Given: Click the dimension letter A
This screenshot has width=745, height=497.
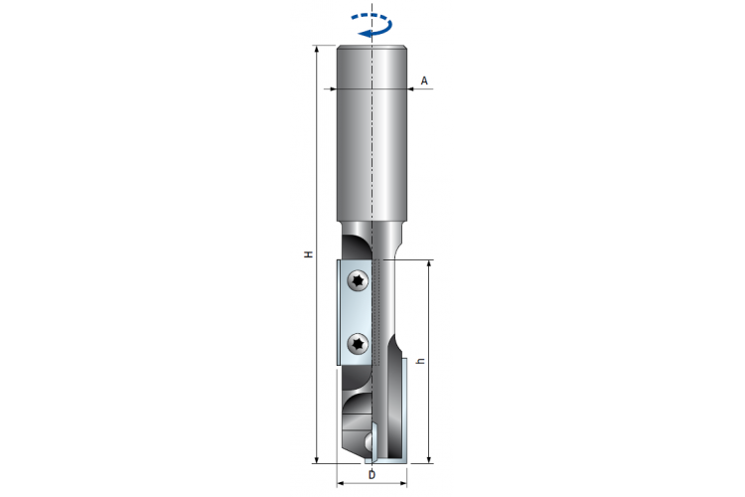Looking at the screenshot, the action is [x=424, y=81].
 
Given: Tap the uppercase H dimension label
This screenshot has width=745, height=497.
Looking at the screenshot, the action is [x=309, y=254].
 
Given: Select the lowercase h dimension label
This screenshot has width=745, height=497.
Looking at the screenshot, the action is [x=420, y=362].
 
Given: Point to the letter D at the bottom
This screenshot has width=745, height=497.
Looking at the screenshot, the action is [x=372, y=475].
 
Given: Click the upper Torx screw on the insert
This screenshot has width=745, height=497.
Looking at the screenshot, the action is [x=359, y=280].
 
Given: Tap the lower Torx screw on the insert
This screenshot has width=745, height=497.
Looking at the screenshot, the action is [x=359, y=343].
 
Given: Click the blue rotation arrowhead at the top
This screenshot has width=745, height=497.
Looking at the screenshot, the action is [x=364, y=33].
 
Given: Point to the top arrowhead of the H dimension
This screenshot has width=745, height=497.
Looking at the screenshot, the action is [x=317, y=50].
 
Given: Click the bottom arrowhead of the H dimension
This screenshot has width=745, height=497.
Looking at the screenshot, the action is [x=317, y=459].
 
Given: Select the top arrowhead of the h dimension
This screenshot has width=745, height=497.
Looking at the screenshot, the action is [x=429, y=264].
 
